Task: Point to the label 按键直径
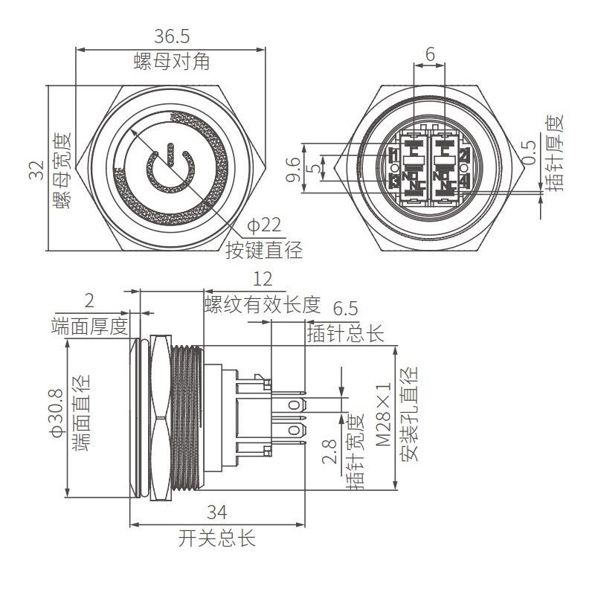264,250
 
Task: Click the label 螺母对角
172,62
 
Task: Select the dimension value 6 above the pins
430,54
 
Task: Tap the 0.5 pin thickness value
529,152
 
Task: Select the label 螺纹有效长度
262,303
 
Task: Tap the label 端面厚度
90,326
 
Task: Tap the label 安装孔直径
411,414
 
